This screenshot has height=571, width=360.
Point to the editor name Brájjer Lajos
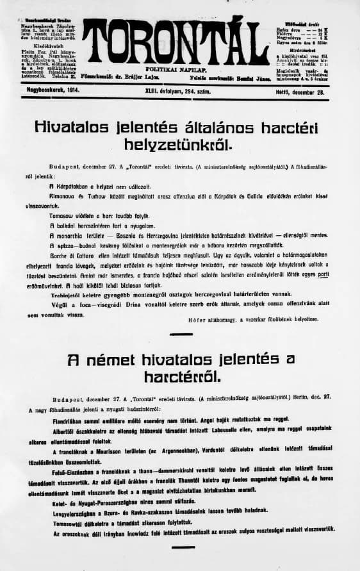[167, 76]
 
